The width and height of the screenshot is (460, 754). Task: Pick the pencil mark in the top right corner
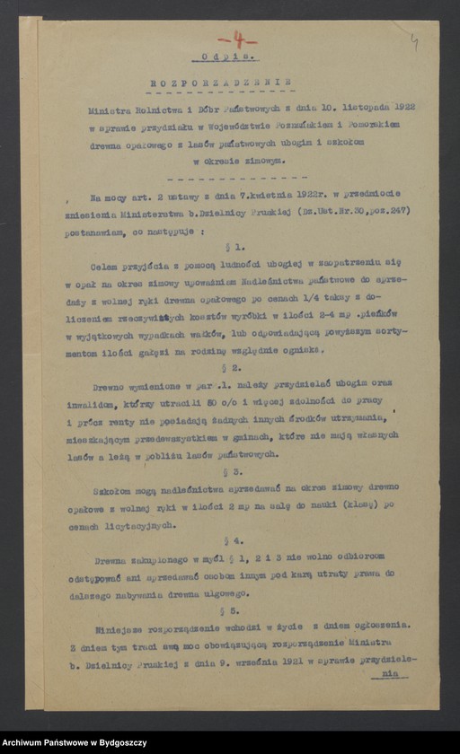point(414,41)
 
